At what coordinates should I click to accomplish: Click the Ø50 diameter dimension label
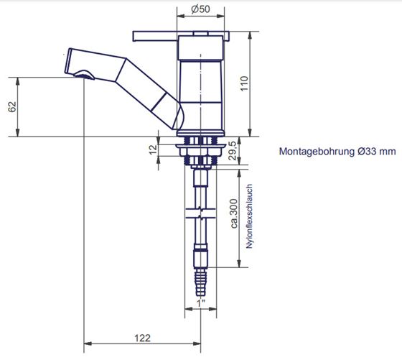(x=200, y=9)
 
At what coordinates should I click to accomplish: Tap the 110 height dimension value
(x=244, y=83)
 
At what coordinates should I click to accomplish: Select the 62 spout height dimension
(x=12, y=107)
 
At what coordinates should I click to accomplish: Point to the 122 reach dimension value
(x=143, y=338)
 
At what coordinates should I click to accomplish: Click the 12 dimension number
(x=153, y=150)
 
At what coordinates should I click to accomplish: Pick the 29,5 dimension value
(x=233, y=150)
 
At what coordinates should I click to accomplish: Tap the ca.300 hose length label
(x=234, y=213)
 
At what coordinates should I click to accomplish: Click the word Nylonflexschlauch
(x=249, y=216)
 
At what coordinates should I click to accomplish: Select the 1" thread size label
(x=201, y=303)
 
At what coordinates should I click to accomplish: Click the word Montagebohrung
(x=317, y=151)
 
